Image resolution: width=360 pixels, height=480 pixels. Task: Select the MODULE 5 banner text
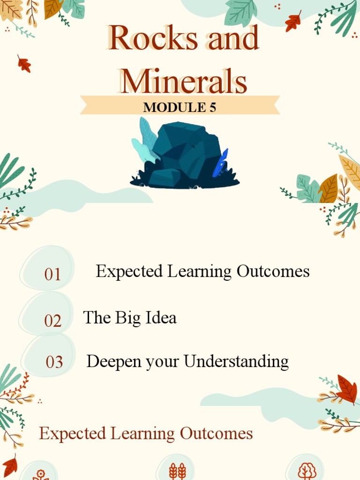(180, 107)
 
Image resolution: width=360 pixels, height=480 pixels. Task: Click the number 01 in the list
(52, 274)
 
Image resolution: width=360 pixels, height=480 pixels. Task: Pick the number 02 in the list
(53, 321)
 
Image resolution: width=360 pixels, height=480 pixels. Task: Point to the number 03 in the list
(54, 362)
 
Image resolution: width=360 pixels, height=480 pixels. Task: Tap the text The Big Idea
(130, 318)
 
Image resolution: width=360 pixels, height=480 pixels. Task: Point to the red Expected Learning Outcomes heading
(146, 434)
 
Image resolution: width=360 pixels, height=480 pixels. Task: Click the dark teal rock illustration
(185, 152)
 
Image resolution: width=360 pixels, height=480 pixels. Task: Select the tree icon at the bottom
(307, 471)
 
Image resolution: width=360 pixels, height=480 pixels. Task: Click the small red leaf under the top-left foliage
(24, 64)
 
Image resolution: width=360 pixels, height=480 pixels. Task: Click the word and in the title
(233, 38)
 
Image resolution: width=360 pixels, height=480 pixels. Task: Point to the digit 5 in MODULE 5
(213, 107)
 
